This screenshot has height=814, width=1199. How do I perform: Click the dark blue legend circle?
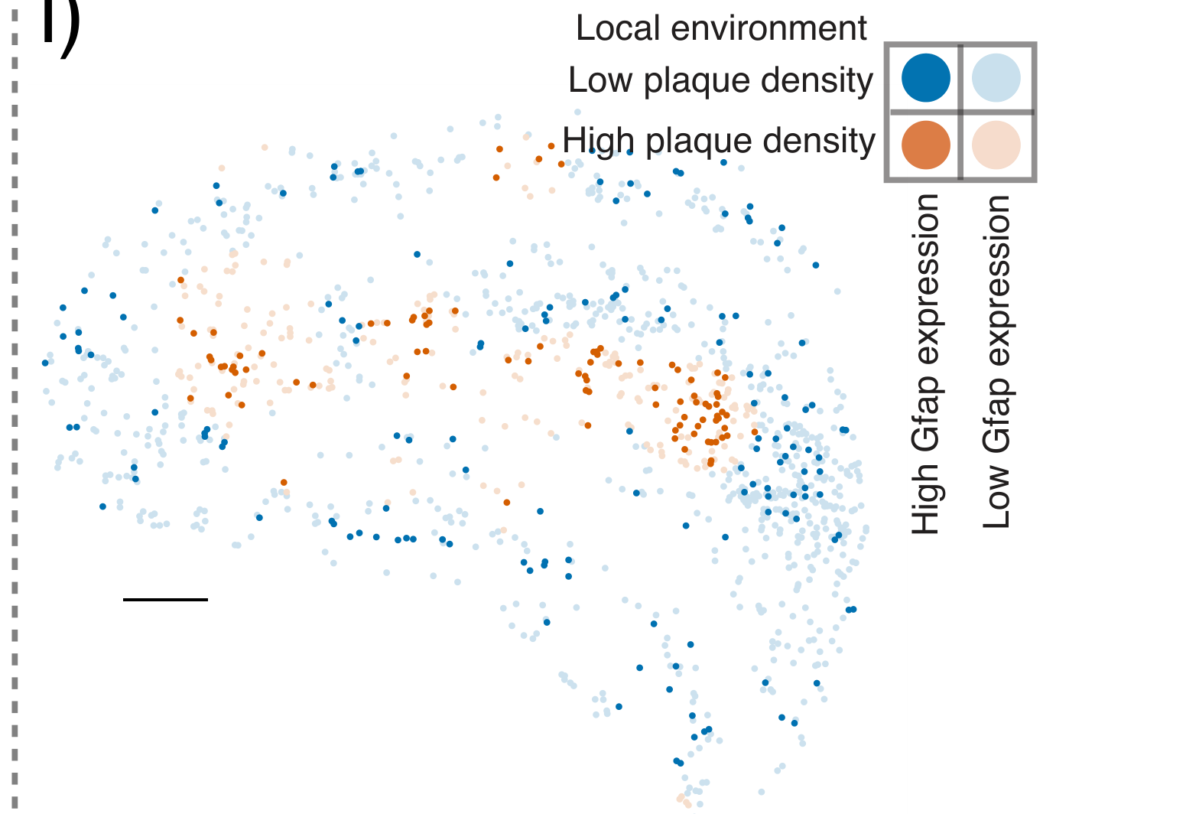(925, 78)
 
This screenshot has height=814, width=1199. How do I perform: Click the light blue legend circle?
(996, 78)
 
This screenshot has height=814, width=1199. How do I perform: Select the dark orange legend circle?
(925, 145)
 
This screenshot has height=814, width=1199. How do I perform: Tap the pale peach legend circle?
(996, 145)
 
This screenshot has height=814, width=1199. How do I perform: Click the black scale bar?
(165, 599)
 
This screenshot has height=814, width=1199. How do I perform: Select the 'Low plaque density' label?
(720, 80)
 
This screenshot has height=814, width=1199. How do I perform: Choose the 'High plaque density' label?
(719, 141)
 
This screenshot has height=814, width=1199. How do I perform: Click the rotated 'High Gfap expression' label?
(925, 363)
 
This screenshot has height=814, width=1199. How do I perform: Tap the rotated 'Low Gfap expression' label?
(996, 361)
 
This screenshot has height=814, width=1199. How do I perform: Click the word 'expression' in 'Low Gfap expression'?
(996, 295)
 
